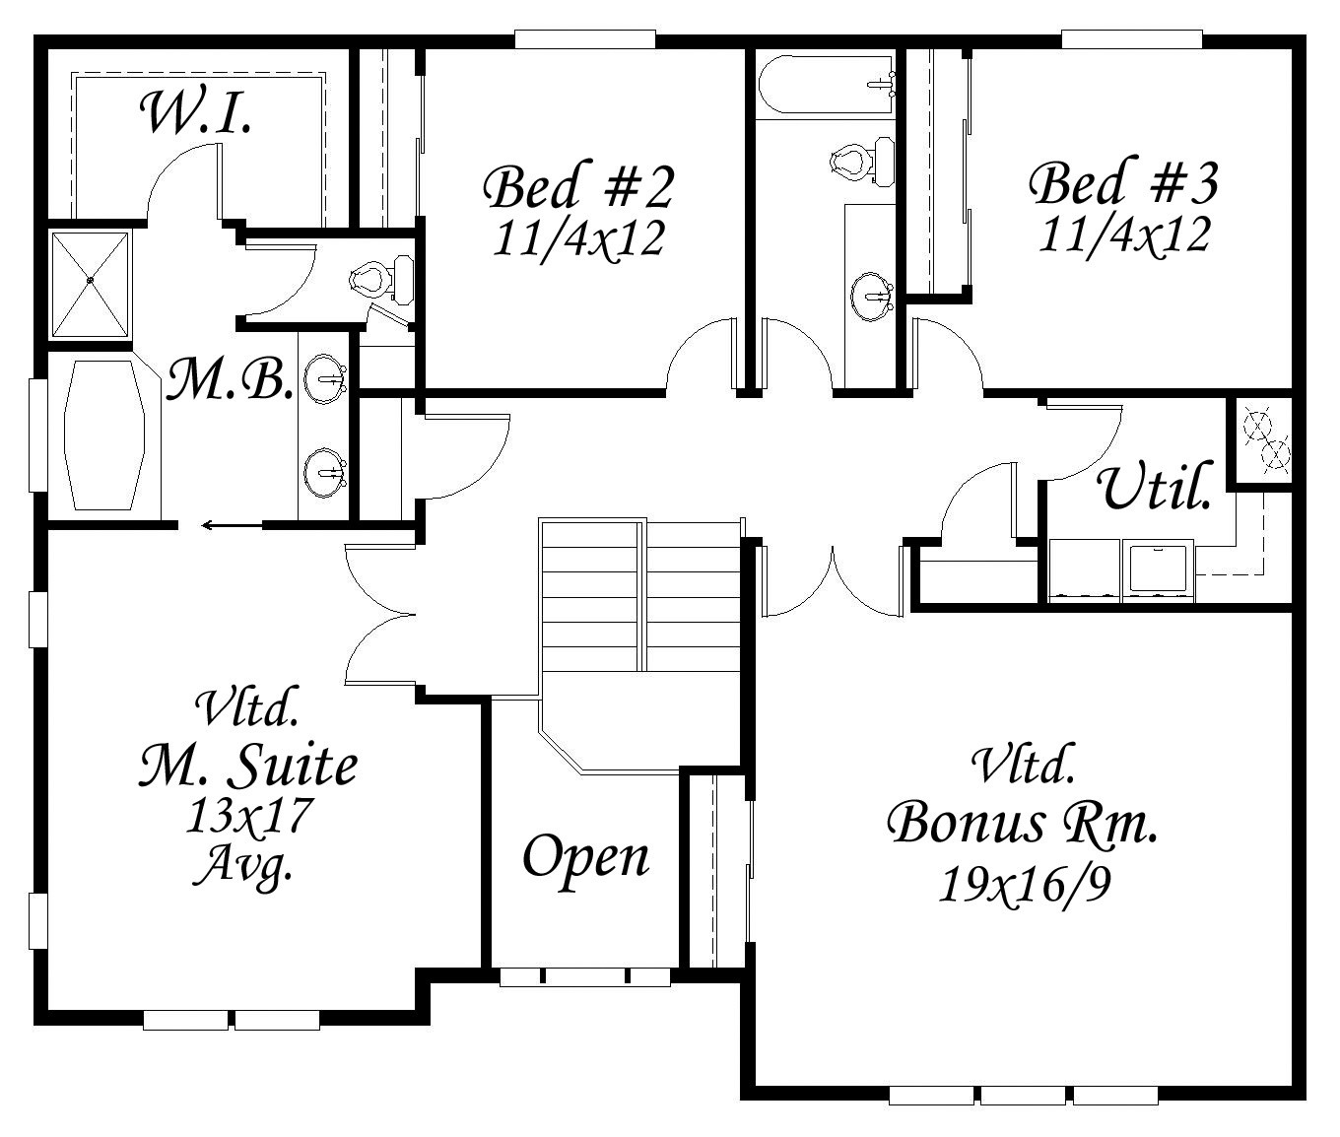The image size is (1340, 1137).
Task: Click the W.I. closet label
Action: pyautogui.click(x=196, y=114)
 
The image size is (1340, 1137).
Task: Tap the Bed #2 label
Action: pyautogui.click(x=579, y=188)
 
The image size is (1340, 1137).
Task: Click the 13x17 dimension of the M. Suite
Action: pyautogui.click(x=249, y=815)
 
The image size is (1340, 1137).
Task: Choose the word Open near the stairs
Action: pyautogui.click(x=585, y=858)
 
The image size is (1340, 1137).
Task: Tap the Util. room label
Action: pyautogui.click(x=1155, y=486)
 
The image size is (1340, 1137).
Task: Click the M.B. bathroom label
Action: pyautogui.click(x=229, y=378)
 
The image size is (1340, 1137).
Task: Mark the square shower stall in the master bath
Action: pyautogui.click(x=90, y=284)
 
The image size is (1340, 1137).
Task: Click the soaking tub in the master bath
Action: pyautogui.click(x=103, y=435)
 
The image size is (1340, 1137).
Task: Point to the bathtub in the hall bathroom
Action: pyautogui.click(x=825, y=84)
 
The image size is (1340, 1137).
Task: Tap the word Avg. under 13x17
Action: pyautogui.click(x=243, y=865)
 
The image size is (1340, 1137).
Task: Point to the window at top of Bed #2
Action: pyautogui.click(x=584, y=40)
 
